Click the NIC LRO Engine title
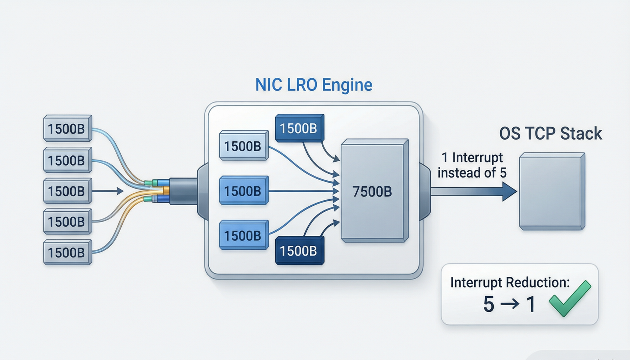[x=314, y=85]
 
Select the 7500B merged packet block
[x=375, y=191]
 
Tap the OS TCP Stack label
[x=551, y=134]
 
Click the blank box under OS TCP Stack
[x=552, y=191]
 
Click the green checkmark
[x=570, y=298]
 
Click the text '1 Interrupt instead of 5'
[x=472, y=165]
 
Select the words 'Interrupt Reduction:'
[x=510, y=282]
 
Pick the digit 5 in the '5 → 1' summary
[x=489, y=304]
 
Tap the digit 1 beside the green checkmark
[x=531, y=304]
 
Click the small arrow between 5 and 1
[x=510, y=304]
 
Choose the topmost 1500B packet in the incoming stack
[x=68, y=128]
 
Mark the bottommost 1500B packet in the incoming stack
[x=68, y=252]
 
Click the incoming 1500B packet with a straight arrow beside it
[x=68, y=191]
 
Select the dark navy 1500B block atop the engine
[x=300, y=128]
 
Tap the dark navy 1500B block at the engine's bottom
[x=300, y=251]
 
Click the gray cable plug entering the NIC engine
[x=183, y=191]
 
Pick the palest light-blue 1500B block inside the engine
[x=244, y=146]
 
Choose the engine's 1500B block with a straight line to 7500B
[x=244, y=191]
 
